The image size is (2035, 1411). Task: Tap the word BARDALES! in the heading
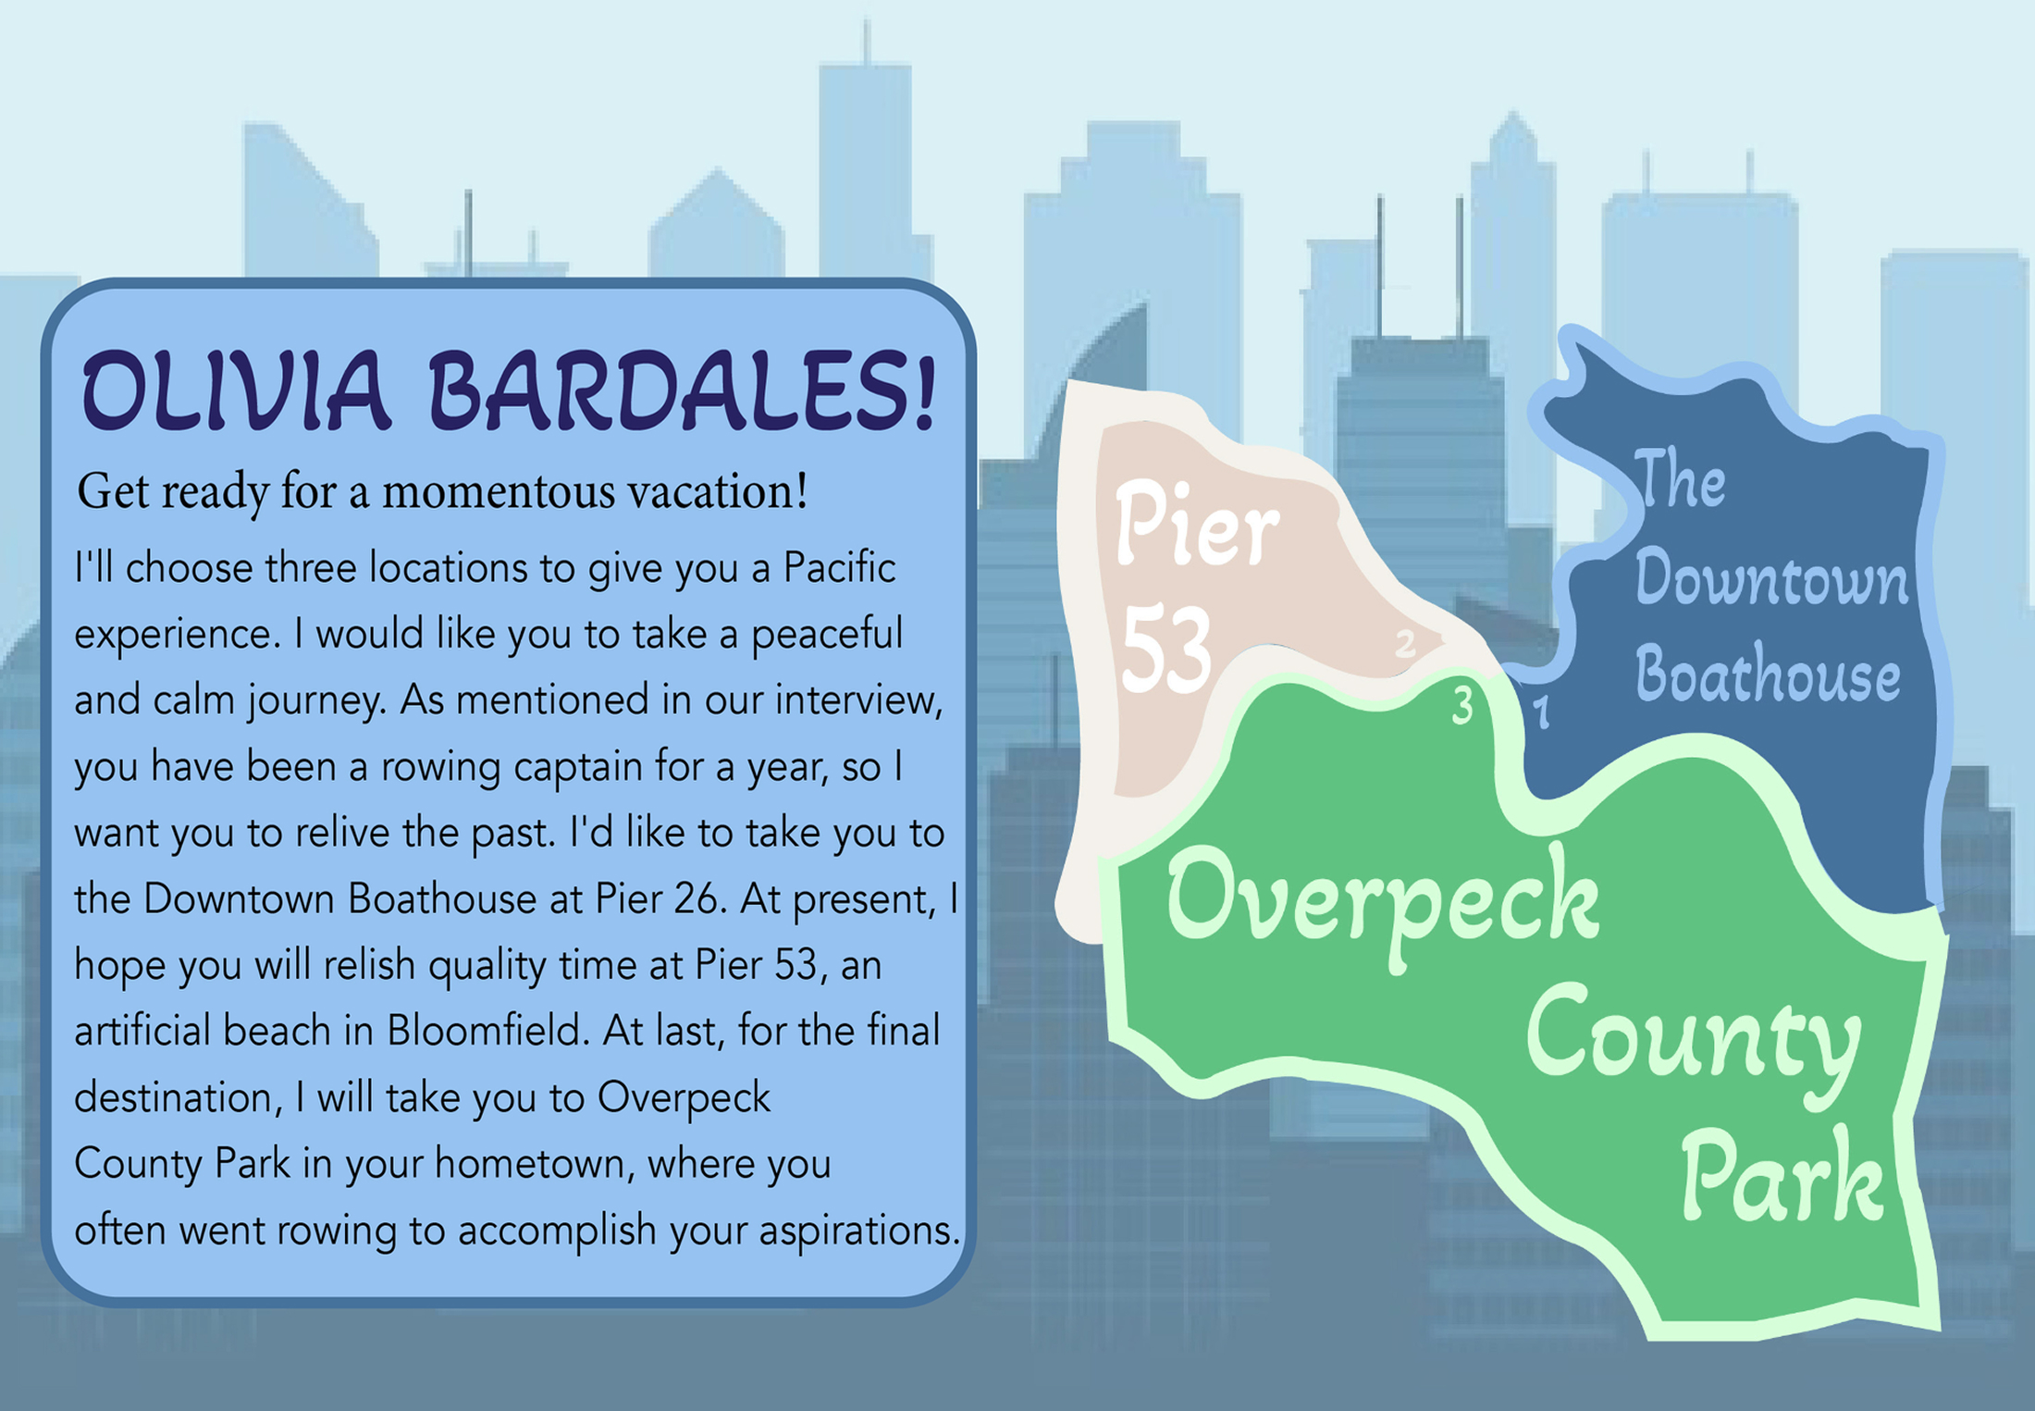point(682,390)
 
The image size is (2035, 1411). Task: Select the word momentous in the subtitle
point(498,491)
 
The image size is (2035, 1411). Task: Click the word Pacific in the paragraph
point(839,567)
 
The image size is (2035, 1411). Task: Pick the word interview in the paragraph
point(855,700)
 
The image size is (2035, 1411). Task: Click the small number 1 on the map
point(1541,712)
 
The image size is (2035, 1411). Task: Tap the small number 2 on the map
point(1405,643)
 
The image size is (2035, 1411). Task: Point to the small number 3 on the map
point(1462,705)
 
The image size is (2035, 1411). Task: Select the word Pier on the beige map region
point(1197,524)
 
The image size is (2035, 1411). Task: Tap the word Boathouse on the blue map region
point(1768,673)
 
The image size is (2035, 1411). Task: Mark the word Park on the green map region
point(1782,1176)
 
